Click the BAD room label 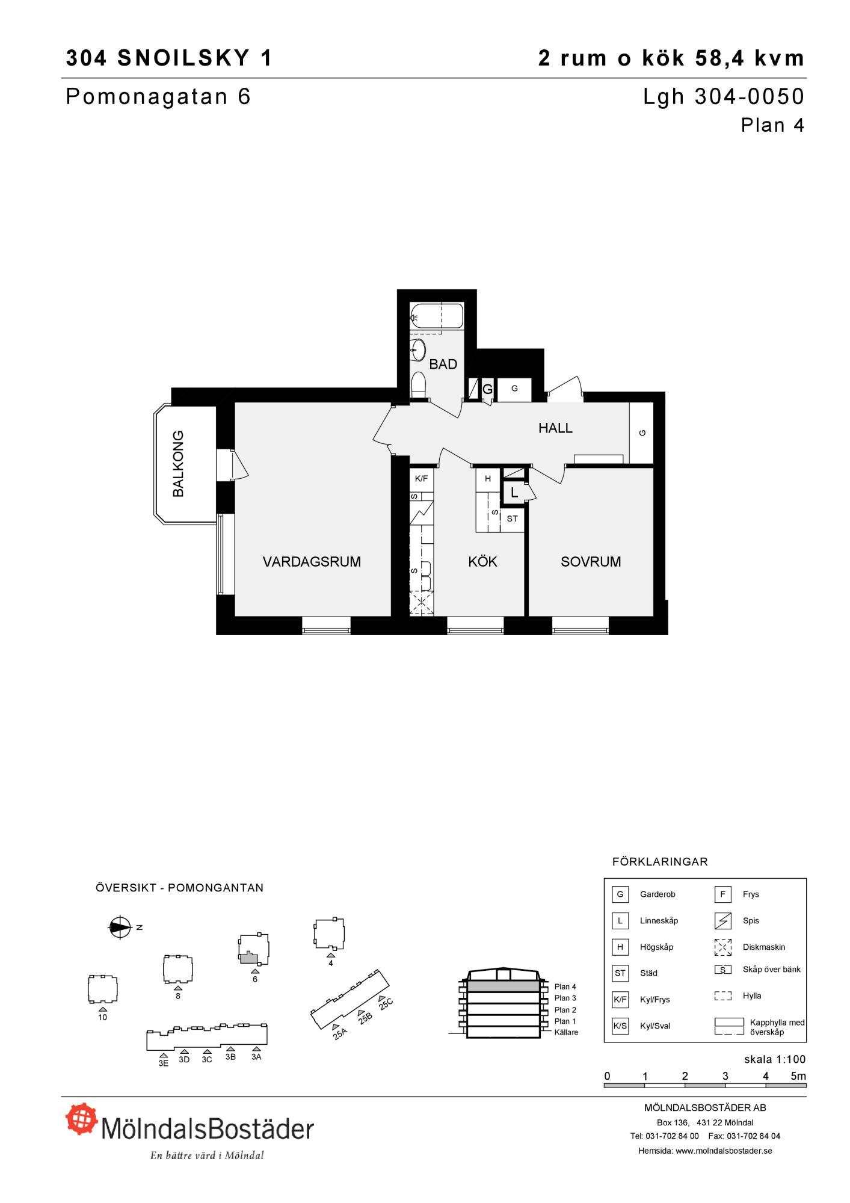point(443,364)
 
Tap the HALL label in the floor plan point(555,428)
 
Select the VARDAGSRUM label point(312,562)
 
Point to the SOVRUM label point(591,562)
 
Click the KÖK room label point(482,562)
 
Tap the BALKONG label point(179,464)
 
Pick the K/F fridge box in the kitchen point(421,479)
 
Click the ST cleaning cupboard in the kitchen point(513,518)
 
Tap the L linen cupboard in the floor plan point(514,493)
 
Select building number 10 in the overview point(102,989)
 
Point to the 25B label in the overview point(365,1018)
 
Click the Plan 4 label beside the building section point(565,986)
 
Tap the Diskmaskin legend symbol point(722,947)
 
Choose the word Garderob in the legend point(658,894)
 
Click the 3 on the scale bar point(725,1076)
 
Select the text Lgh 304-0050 point(724,97)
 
